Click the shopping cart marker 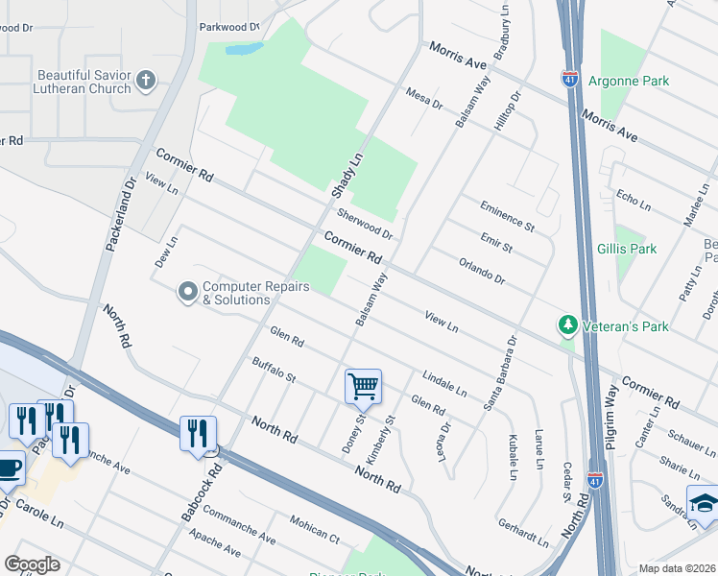(x=364, y=386)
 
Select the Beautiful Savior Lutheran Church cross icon (x=146, y=81)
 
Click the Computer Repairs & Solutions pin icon (x=187, y=291)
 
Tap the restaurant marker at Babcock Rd (x=198, y=432)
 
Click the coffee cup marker (x=9, y=467)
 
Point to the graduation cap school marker (x=703, y=501)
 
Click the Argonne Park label (x=629, y=82)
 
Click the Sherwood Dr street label (x=365, y=226)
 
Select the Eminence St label (x=507, y=217)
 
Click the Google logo (x=33, y=564)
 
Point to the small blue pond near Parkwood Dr (x=244, y=48)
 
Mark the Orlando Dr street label (x=481, y=271)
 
